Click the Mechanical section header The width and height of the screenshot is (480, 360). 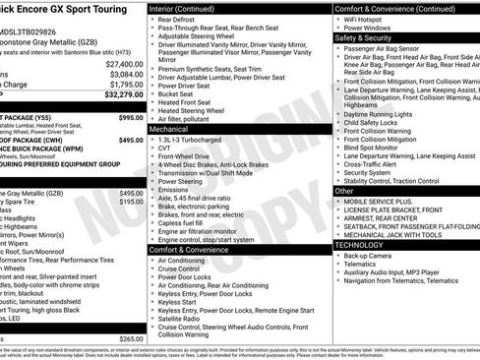coord(169,129)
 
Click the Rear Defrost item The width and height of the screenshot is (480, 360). coord(177,19)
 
